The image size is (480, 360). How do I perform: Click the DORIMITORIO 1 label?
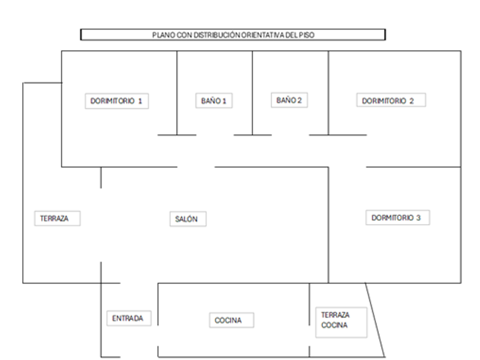[116, 101]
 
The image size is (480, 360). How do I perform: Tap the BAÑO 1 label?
[214, 101]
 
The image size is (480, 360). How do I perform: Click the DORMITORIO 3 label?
[396, 218]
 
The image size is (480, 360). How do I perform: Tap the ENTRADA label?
[129, 318]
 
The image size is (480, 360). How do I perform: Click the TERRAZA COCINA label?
[335, 320]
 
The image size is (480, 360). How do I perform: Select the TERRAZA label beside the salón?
[55, 218]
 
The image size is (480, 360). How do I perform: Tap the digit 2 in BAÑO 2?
[299, 101]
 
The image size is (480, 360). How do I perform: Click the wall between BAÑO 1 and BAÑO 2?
[253, 91]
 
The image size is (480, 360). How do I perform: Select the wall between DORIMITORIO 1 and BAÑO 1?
[177, 91]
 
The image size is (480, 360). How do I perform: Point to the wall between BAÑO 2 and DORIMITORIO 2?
[328, 91]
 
